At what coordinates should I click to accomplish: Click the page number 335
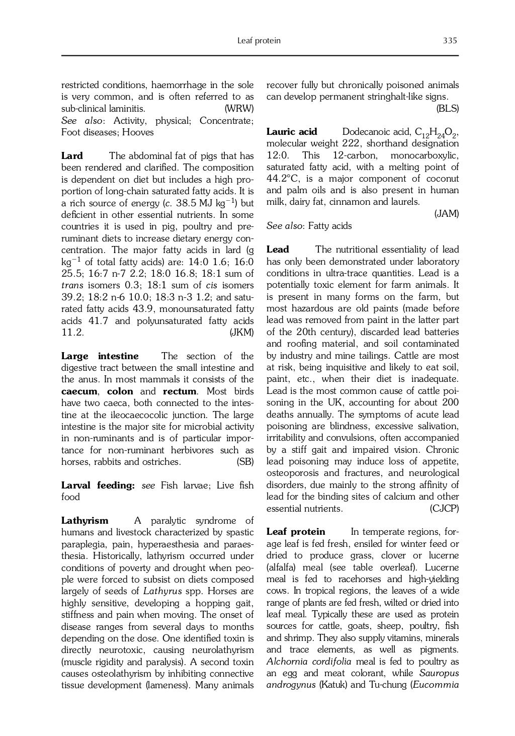[450, 41]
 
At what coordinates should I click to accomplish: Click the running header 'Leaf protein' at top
[259, 41]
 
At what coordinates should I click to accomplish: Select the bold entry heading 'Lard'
[72, 156]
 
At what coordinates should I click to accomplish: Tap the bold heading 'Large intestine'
[100, 356]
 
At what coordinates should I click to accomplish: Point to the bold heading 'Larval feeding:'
[98, 485]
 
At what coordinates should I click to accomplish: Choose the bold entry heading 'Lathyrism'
[84, 521]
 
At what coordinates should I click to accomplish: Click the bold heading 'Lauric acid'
[292, 132]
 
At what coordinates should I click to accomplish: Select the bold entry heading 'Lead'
[278, 250]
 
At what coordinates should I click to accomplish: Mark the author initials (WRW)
[239, 109]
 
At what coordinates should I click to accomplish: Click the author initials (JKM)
[241, 333]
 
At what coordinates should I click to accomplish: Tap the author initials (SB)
[245, 462]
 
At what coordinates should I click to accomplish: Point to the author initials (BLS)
[447, 109]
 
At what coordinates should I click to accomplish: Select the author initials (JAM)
[447, 214]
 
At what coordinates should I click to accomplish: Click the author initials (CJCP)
[444, 509]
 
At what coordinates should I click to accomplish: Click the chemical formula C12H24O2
[436, 133]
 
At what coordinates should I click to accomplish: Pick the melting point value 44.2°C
[283, 179]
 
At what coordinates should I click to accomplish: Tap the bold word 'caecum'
[79, 391]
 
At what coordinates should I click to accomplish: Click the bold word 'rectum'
[180, 391]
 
